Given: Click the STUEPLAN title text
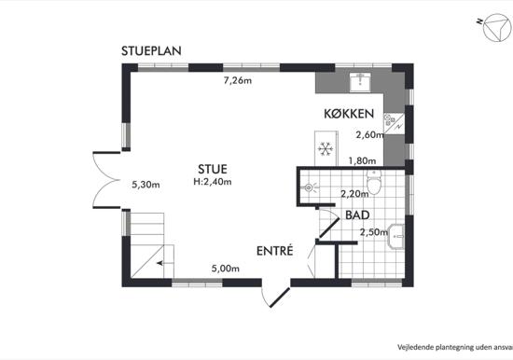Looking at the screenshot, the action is [x=151, y=51].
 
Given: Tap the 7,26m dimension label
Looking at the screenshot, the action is [x=238, y=80].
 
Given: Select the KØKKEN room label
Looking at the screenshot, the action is [x=349, y=114].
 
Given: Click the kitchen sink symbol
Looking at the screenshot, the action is [x=360, y=82].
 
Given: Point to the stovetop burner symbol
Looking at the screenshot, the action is [x=389, y=119].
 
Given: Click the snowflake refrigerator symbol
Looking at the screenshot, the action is [x=326, y=148].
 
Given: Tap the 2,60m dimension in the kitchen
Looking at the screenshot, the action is [x=369, y=134].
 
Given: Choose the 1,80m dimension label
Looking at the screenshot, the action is [x=362, y=160].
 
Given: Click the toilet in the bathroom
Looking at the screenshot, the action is [x=374, y=182].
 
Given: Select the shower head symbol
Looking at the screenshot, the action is [x=309, y=187].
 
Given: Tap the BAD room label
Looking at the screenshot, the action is [x=357, y=215].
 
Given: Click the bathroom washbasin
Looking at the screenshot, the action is [x=395, y=236].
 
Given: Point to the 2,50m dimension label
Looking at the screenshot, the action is [x=374, y=232].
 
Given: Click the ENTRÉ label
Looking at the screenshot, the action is [x=275, y=251].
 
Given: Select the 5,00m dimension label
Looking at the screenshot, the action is [x=226, y=269].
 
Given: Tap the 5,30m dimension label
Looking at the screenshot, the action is [x=146, y=185].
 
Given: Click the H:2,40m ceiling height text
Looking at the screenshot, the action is [x=213, y=182].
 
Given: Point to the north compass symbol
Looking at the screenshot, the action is [x=496, y=27].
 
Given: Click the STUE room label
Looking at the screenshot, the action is [x=213, y=169].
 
